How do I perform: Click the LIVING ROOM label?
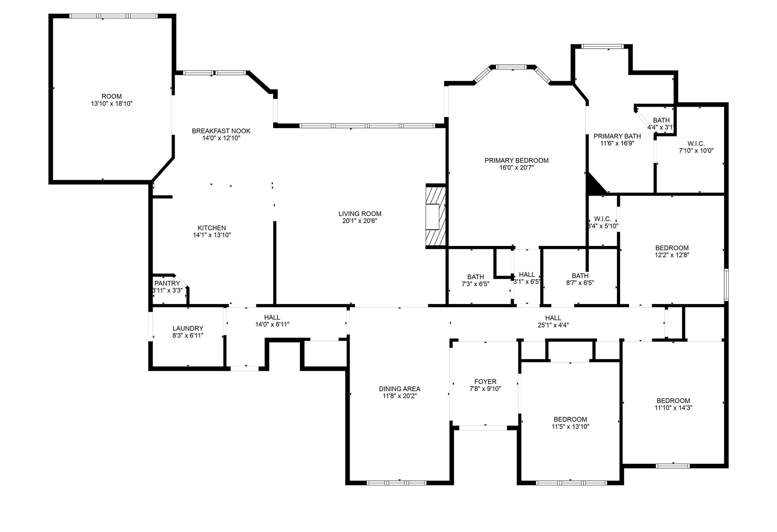click(360, 214)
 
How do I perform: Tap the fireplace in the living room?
click(435, 216)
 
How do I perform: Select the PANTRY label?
click(167, 283)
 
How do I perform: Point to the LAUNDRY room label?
click(188, 328)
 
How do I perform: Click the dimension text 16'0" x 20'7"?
click(516, 168)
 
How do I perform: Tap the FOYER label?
click(485, 382)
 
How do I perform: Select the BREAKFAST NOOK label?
click(221, 131)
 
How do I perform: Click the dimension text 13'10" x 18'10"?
click(112, 104)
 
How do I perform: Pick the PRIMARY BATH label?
click(617, 136)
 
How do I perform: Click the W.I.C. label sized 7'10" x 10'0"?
click(696, 144)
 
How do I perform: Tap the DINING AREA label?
click(399, 389)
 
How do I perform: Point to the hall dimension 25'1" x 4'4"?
click(553, 325)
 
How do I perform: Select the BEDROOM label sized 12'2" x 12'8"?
click(672, 248)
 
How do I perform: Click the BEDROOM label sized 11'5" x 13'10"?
click(570, 419)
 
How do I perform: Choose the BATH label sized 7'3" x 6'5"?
click(475, 277)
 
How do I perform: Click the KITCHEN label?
click(212, 228)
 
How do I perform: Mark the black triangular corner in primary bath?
click(593, 185)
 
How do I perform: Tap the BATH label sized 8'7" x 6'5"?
click(580, 276)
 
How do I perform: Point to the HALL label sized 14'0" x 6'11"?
click(272, 317)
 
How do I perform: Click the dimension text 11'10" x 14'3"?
click(673, 408)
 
